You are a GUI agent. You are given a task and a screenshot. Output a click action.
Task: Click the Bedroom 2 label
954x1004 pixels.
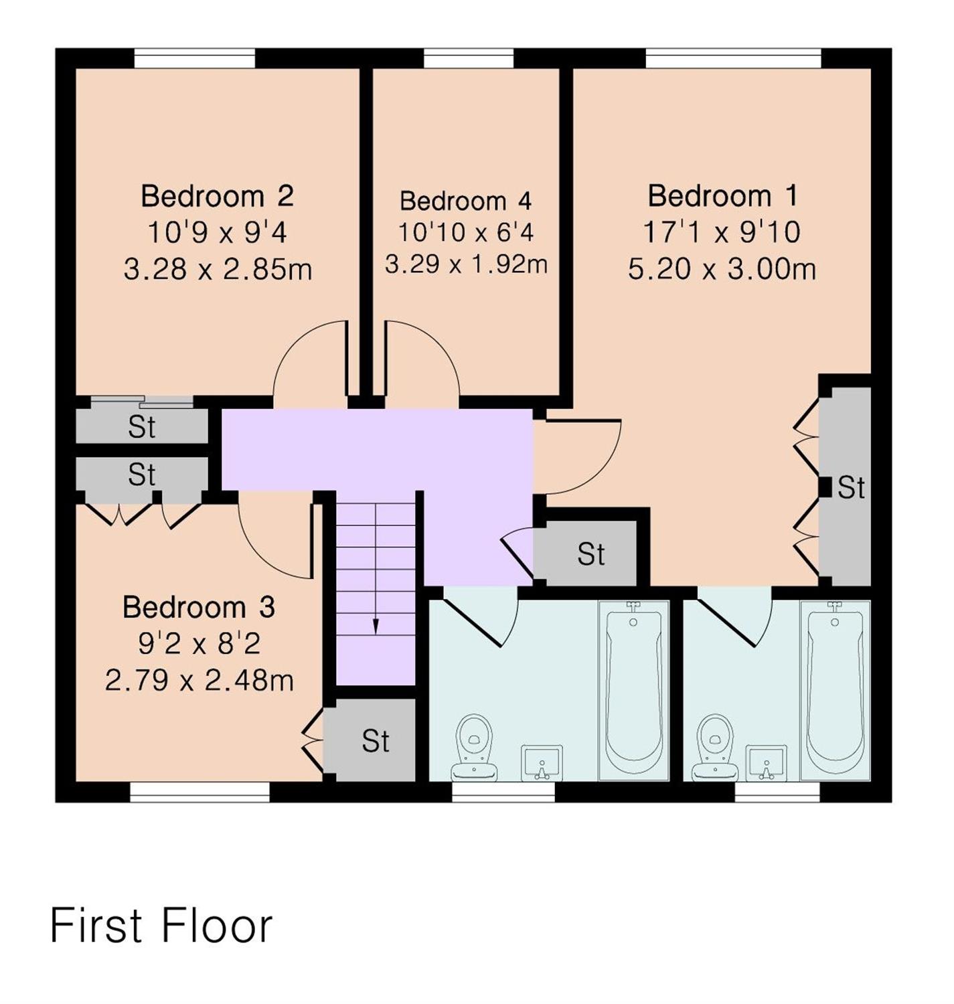[x=217, y=196]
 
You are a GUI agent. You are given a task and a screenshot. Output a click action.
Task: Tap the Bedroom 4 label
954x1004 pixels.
[x=465, y=201]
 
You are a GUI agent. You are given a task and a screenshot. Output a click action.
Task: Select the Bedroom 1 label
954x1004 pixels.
[x=722, y=196]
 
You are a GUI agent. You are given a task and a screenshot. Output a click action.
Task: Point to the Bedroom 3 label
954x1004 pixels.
[x=199, y=607]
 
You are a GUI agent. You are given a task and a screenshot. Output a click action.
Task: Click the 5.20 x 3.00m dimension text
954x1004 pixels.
[x=722, y=269]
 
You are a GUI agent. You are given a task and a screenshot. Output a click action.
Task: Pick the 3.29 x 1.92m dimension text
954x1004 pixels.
[x=465, y=264]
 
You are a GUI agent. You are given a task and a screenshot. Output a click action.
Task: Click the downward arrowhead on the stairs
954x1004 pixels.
[x=376, y=626]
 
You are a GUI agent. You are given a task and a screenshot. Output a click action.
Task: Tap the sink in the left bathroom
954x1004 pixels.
[x=542, y=763]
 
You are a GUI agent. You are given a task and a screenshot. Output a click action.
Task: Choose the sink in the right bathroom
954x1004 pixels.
[x=765, y=763]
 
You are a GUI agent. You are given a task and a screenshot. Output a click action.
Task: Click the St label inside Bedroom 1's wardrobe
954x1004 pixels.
[x=851, y=488]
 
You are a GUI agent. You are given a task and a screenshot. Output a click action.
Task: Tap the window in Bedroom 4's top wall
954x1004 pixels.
[x=469, y=58]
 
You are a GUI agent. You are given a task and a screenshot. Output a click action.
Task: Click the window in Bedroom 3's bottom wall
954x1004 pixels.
[x=200, y=792]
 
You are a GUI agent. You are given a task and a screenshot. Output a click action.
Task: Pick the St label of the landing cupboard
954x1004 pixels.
[x=590, y=554]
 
